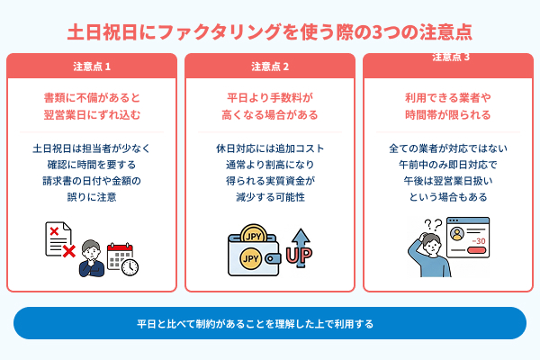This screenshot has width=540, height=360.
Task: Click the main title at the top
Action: (x=270, y=31)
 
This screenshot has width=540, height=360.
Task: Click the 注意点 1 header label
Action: (x=92, y=67)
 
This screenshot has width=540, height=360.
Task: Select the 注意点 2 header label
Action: (x=270, y=67)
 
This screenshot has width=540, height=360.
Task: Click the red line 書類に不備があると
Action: (x=92, y=97)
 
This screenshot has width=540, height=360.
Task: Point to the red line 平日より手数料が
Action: (x=270, y=97)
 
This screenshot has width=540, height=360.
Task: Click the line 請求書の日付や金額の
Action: (x=92, y=180)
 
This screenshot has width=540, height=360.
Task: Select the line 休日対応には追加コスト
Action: (x=270, y=148)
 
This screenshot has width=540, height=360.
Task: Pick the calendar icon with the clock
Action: (x=121, y=258)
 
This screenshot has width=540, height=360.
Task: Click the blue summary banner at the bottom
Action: (x=270, y=323)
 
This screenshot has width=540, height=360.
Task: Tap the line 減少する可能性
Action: (x=270, y=197)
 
